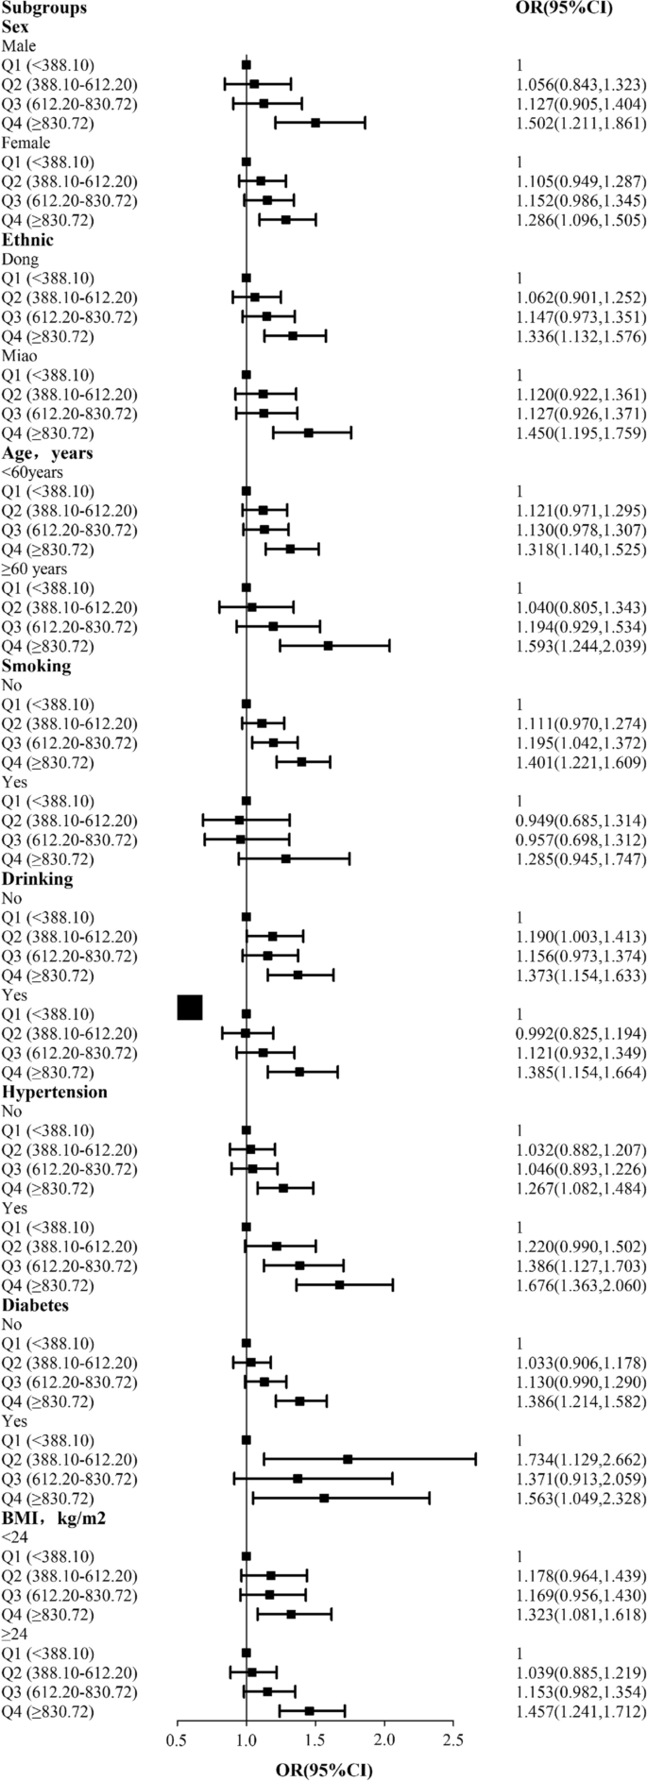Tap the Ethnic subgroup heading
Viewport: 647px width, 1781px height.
[26, 240]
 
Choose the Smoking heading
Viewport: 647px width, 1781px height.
[36, 666]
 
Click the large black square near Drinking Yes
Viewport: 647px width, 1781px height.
[190, 1008]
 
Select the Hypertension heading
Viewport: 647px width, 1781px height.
[54, 1092]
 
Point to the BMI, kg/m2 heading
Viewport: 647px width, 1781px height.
[49, 1518]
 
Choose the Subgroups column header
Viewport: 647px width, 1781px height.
[43, 8]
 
